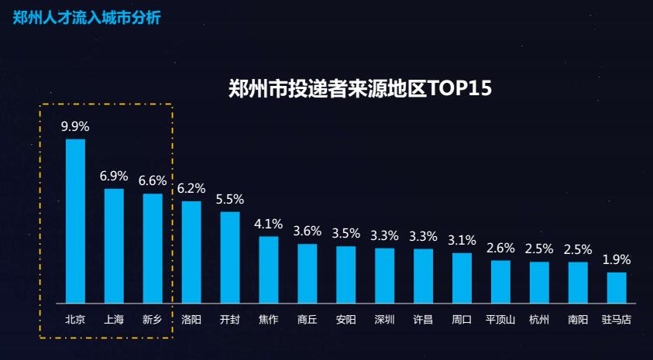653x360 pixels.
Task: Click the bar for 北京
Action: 75,221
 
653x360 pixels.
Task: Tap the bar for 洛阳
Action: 191,252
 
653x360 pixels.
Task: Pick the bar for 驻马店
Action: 617,287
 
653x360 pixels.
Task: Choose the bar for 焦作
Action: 269,269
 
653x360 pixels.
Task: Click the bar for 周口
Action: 462,277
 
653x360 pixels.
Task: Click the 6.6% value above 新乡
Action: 153,180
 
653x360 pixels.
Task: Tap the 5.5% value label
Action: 230,199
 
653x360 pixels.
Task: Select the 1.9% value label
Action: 617,259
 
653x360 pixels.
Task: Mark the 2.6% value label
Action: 500,248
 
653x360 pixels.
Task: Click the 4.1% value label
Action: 269,224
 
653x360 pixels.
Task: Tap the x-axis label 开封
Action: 230,319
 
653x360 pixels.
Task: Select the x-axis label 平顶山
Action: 500,319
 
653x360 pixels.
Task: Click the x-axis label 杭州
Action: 539,319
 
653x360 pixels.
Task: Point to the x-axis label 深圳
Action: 385,319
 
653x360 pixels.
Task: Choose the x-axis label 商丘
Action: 308,319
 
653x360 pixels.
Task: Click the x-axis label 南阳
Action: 578,319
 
